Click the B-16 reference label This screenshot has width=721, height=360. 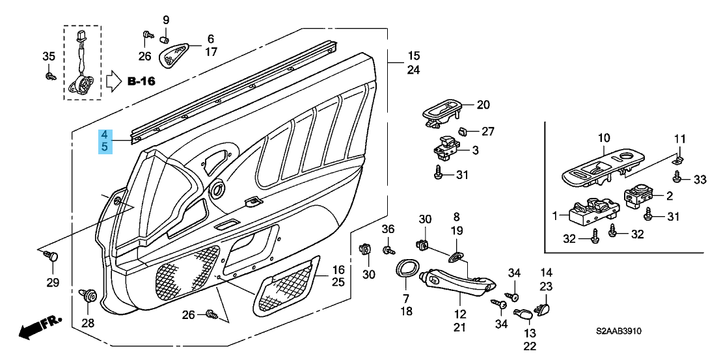coord(141,81)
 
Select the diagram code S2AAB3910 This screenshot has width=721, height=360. coord(622,331)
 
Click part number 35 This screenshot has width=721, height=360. coord(49,57)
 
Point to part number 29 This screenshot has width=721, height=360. coord(52,283)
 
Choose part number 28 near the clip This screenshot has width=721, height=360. coord(87,322)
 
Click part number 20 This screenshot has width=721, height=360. coord(482,104)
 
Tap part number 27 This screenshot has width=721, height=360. coord(488,132)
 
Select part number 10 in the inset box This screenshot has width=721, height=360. coord(603,137)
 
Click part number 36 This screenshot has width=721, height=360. coord(388,228)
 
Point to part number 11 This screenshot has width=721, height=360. coord(679,139)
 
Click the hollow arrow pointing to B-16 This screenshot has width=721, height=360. coord(113,81)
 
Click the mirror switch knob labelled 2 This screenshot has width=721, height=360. coord(639,195)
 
